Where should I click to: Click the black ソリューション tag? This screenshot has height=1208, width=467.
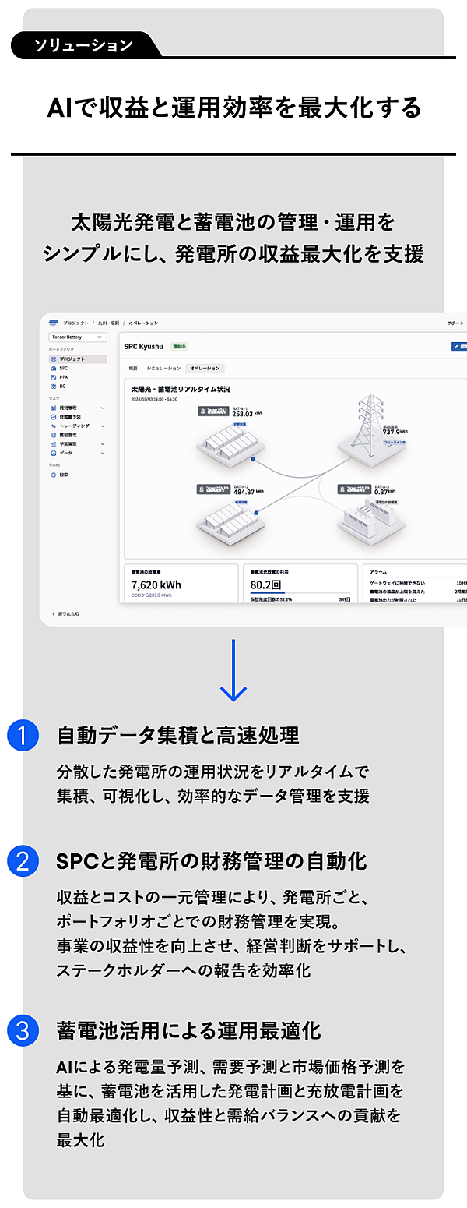point(83,45)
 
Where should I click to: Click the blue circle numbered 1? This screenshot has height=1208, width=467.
point(23,736)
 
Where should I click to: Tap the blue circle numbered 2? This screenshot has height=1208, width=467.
point(23,861)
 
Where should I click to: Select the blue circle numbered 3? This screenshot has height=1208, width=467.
point(23,1030)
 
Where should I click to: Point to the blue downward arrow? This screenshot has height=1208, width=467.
point(233,670)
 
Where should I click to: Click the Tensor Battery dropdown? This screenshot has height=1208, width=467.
point(77,337)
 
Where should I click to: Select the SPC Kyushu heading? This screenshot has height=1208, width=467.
point(143,346)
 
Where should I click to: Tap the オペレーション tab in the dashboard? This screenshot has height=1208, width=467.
point(205,368)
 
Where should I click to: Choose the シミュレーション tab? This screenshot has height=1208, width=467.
point(163,368)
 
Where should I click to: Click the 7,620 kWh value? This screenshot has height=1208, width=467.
point(156,585)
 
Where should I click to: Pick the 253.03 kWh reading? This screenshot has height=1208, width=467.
point(249,415)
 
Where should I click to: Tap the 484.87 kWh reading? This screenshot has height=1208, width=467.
point(249,492)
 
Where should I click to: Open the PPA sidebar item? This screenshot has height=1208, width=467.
point(64,376)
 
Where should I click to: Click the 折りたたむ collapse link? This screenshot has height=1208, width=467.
point(67,614)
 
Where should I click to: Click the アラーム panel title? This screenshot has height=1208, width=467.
point(379,571)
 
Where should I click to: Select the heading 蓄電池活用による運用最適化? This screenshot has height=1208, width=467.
point(188,1030)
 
